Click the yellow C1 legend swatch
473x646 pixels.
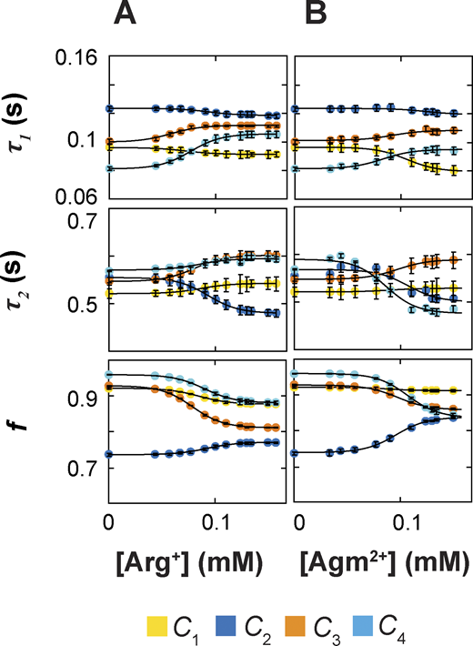point(157,625)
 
